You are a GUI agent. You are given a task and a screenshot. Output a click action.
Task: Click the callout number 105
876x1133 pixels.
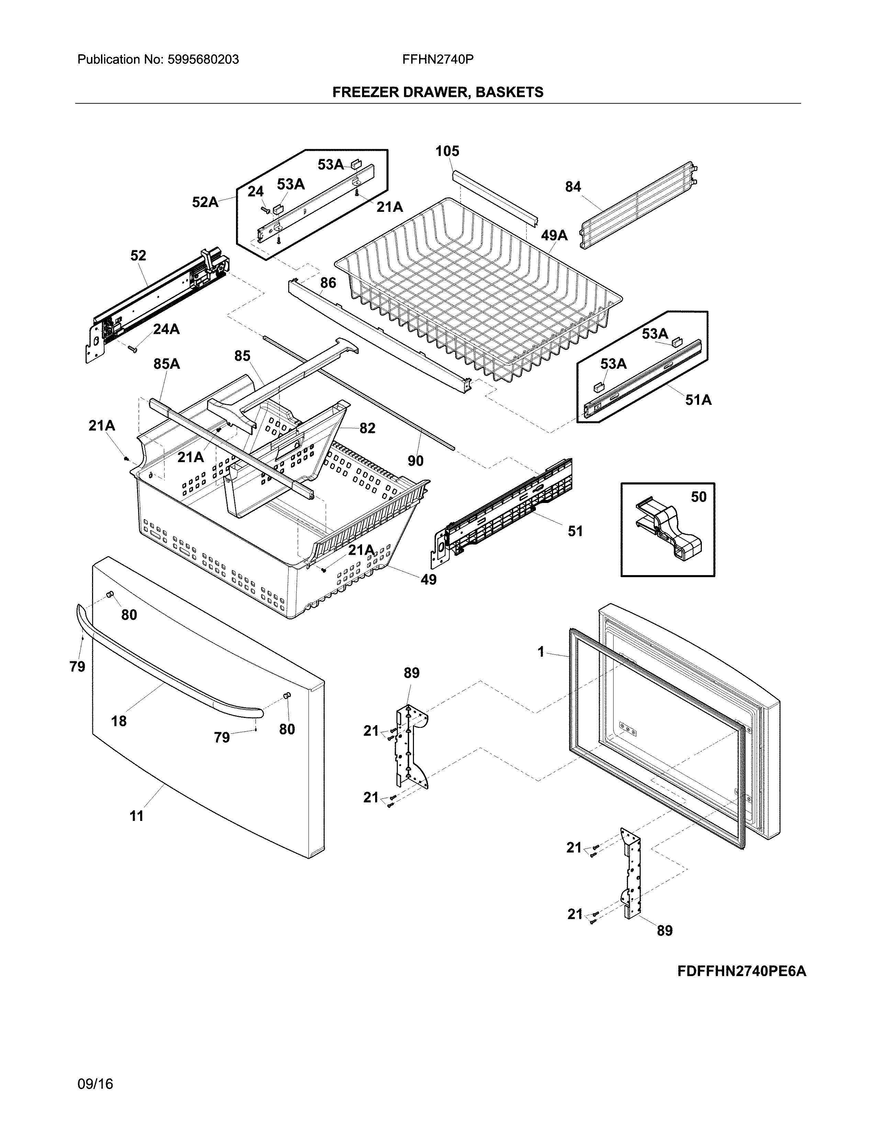(447, 151)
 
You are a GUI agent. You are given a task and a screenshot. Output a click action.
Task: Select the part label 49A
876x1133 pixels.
(554, 236)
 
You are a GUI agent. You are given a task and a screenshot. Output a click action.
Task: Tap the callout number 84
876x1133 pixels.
(573, 187)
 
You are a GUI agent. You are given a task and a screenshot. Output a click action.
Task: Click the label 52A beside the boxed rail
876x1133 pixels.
(205, 202)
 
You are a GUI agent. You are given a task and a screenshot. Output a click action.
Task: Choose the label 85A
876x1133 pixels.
(167, 364)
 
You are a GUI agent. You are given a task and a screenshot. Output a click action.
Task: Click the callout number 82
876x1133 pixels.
(367, 428)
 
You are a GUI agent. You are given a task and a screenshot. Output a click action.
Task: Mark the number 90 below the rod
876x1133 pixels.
(415, 461)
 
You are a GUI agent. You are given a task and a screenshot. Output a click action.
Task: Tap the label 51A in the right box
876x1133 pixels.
(698, 400)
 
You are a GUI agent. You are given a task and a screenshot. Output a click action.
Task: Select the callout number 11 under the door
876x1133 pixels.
(136, 816)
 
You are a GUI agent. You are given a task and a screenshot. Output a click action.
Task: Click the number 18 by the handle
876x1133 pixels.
(119, 721)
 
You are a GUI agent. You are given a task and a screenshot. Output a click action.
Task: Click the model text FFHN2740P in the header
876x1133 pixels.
(437, 60)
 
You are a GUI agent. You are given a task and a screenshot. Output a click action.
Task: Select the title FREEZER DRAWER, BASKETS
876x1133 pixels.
(437, 92)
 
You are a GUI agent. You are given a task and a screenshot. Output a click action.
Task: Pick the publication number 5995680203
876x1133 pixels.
(203, 60)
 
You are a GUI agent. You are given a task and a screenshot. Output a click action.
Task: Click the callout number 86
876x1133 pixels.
(328, 283)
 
